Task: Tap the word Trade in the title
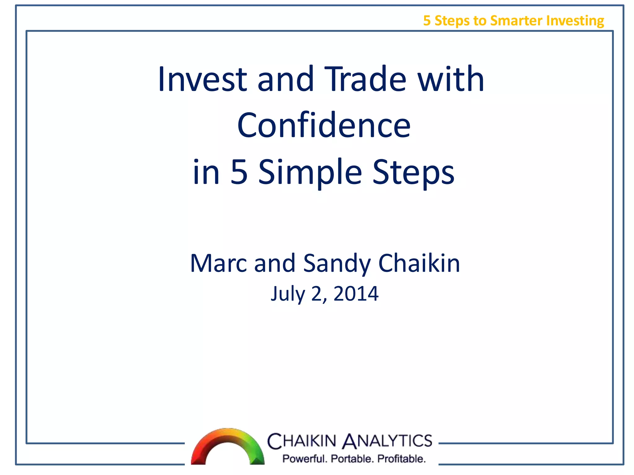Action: tap(365, 79)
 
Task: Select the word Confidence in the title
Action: tap(324, 126)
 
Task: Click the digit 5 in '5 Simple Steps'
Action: tap(239, 172)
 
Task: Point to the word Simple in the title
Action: tap(310, 172)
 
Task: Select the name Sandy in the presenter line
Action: tap(337, 263)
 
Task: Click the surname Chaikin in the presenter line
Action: tap(419, 263)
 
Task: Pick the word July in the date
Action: tap(288, 293)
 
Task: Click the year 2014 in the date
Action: tap(356, 293)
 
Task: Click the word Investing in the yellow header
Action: tap(575, 21)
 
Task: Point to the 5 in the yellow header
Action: tap(427, 21)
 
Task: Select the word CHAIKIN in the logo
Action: tap(302, 441)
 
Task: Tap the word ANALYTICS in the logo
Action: tap(387, 441)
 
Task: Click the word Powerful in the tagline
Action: tap(305, 459)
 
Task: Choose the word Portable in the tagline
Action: tap(352, 459)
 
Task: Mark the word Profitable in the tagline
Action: tap(402, 459)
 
